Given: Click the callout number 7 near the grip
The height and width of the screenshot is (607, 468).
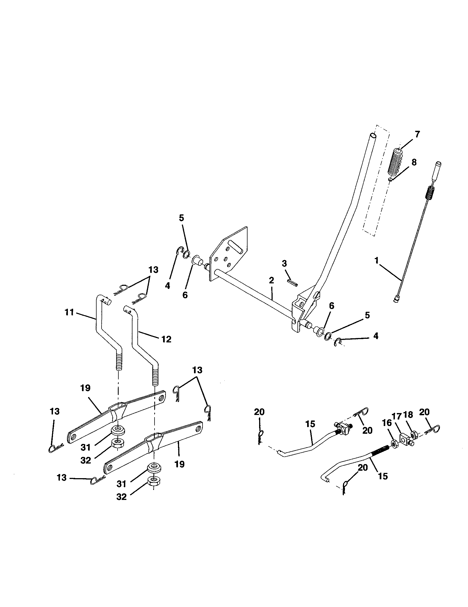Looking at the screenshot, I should pyautogui.click(x=417, y=134).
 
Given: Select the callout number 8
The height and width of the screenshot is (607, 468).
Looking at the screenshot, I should pyautogui.click(x=414, y=162).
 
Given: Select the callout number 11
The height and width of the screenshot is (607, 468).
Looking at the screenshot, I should pyautogui.click(x=69, y=313).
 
